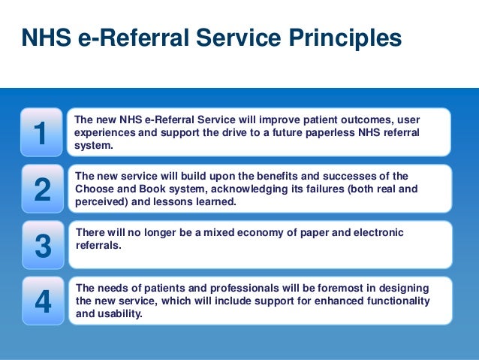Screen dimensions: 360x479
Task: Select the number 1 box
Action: pyautogui.click(x=41, y=132)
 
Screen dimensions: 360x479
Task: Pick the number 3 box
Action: pyautogui.click(x=42, y=246)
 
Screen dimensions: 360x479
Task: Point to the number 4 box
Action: pyautogui.click(x=42, y=301)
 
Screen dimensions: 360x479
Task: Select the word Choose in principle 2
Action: pyautogui.click(x=94, y=189)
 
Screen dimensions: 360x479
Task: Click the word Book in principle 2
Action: pyautogui.click(x=151, y=189)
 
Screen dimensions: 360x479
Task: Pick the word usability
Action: pyautogui.click(x=119, y=314)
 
